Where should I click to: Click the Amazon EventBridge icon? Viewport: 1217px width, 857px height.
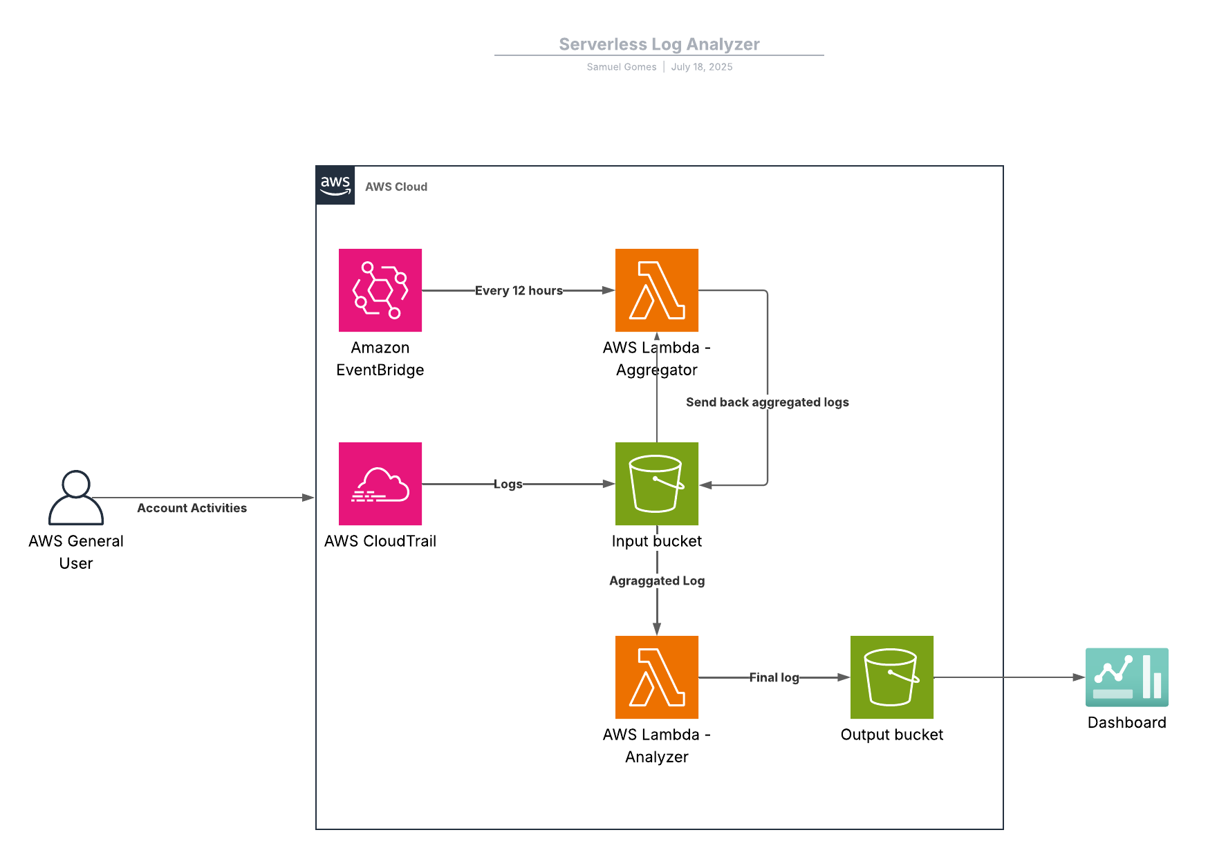click(380, 290)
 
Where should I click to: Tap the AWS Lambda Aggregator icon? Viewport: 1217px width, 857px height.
click(656, 290)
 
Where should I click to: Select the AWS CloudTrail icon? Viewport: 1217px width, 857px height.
click(380, 484)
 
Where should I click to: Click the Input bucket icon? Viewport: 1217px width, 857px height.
click(656, 484)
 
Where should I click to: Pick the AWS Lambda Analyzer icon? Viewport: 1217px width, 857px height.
click(656, 677)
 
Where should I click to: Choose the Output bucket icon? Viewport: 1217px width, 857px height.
click(891, 677)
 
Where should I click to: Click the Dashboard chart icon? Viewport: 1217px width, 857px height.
click(1126, 677)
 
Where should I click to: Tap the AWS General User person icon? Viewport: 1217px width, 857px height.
click(76, 498)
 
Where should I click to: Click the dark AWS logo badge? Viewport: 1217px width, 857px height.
click(335, 185)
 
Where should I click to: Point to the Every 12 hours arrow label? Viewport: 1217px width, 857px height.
click(519, 291)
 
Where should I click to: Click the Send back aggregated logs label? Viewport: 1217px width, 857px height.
click(767, 402)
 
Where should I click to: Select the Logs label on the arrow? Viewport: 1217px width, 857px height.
click(508, 484)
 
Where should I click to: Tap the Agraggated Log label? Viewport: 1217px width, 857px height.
click(657, 581)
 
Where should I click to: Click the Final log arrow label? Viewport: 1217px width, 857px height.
click(774, 678)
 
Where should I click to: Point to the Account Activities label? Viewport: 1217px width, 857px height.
click(192, 508)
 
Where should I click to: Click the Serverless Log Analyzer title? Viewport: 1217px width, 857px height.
click(659, 44)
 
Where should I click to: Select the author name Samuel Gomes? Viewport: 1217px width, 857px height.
click(621, 67)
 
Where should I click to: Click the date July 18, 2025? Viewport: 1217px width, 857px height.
click(701, 67)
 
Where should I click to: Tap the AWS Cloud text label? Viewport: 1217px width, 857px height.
click(396, 187)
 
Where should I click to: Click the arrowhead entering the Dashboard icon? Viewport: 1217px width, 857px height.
click(1079, 677)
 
